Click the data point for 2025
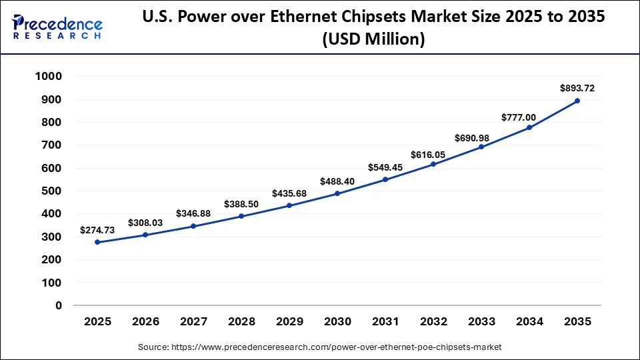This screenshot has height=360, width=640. pyautogui.click(x=97, y=242)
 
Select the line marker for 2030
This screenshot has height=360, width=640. pyautogui.click(x=337, y=193)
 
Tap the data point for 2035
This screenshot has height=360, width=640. pyautogui.click(x=577, y=101)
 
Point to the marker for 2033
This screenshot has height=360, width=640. pyautogui.click(x=481, y=147)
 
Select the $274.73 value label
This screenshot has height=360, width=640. pyautogui.click(x=97, y=229)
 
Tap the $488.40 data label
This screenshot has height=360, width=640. pyautogui.click(x=337, y=181)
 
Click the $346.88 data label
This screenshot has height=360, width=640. pyautogui.click(x=193, y=213)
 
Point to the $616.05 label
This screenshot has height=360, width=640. pyautogui.click(x=433, y=153)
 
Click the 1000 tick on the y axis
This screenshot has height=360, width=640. pyautogui.click(x=48, y=77)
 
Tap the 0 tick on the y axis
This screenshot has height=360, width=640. pyautogui.click(x=59, y=305)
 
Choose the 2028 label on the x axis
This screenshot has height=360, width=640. pyautogui.click(x=241, y=321)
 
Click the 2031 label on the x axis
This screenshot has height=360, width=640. pyautogui.click(x=385, y=321)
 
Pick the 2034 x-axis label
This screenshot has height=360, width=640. pyautogui.click(x=529, y=321)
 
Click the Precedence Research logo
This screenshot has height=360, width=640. pyautogui.click(x=57, y=27)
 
